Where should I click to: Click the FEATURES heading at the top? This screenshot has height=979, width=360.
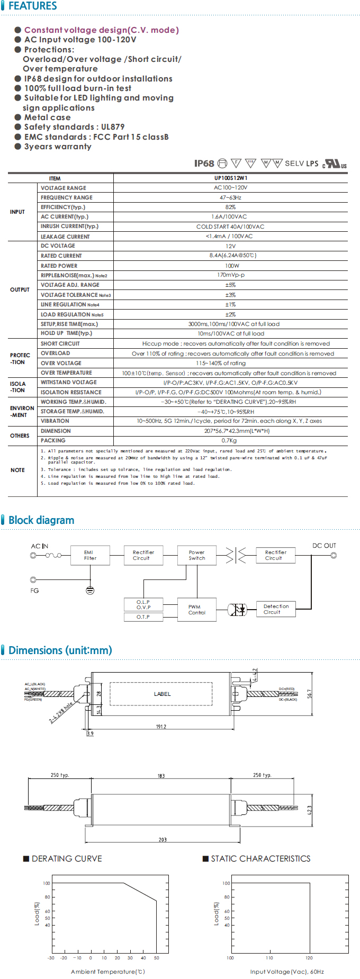tap(32, 6)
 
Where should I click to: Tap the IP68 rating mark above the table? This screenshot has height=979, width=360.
tap(204, 164)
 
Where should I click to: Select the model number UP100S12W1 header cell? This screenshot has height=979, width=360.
tap(230, 178)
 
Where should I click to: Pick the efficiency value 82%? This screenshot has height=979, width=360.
tap(230, 207)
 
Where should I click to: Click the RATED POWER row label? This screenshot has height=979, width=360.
tap(59, 266)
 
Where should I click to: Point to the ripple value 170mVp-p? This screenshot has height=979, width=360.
tap(230, 275)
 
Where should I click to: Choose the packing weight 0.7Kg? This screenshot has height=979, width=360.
tap(229, 440)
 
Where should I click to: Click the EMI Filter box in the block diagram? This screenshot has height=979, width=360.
tap(90, 555)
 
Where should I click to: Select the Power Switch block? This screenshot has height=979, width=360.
tap(196, 555)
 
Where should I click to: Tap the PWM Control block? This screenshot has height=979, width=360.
tap(196, 610)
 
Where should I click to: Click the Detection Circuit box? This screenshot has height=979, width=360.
tap(275, 609)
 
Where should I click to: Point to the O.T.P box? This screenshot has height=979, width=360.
tap(143, 617)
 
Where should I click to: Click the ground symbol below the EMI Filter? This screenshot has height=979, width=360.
tap(90, 590)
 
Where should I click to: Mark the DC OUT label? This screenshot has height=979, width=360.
tap(324, 546)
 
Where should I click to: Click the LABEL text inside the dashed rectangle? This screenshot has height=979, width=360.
tap(162, 694)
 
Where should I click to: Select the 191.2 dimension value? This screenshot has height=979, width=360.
tap(161, 727)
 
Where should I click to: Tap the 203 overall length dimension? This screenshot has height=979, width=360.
tap(163, 840)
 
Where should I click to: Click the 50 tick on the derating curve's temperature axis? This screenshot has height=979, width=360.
tap(156, 958)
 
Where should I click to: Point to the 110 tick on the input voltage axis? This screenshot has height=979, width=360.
tap(269, 958)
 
